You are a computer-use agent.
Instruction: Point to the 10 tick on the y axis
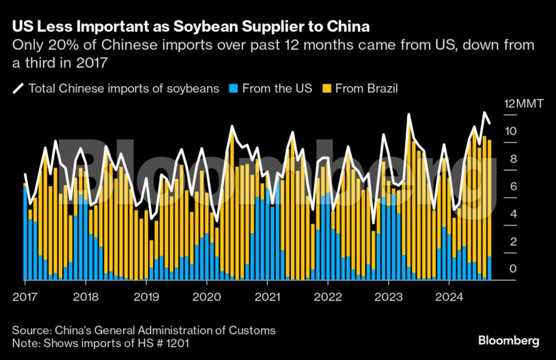[x=510, y=131]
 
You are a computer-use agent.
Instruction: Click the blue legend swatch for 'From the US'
[x=234, y=88]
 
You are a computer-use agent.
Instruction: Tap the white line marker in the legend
[x=18, y=88]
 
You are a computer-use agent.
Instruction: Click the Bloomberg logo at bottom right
[x=508, y=340]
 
